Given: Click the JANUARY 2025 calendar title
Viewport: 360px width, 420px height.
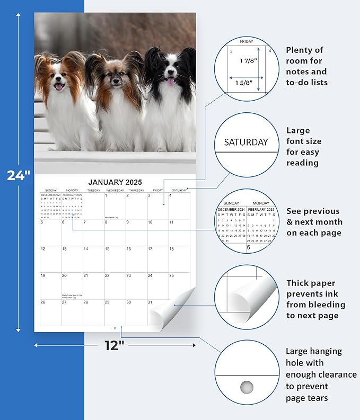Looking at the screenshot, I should (x=115, y=182).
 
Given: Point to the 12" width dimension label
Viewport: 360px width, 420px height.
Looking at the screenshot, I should (x=115, y=345).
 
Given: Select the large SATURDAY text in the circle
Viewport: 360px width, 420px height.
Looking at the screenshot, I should (x=245, y=142).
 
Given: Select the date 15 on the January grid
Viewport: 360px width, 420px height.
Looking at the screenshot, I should (x=107, y=249).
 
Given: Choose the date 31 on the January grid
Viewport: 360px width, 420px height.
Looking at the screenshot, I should (x=150, y=302).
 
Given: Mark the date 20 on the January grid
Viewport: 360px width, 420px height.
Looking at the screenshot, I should (x=64, y=275).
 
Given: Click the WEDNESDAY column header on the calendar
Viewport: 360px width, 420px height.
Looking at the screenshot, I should (x=115, y=190).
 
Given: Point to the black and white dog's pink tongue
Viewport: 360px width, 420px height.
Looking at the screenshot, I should (x=170, y=82).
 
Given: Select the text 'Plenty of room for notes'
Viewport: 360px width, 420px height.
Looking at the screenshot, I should (x=306, y=66).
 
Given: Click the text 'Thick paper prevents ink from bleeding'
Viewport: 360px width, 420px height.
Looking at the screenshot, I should (x=315, y=299).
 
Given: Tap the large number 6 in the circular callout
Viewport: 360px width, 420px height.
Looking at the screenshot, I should (x=248, y=247).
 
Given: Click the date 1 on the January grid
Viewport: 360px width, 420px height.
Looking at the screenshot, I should (x=107, y=195).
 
